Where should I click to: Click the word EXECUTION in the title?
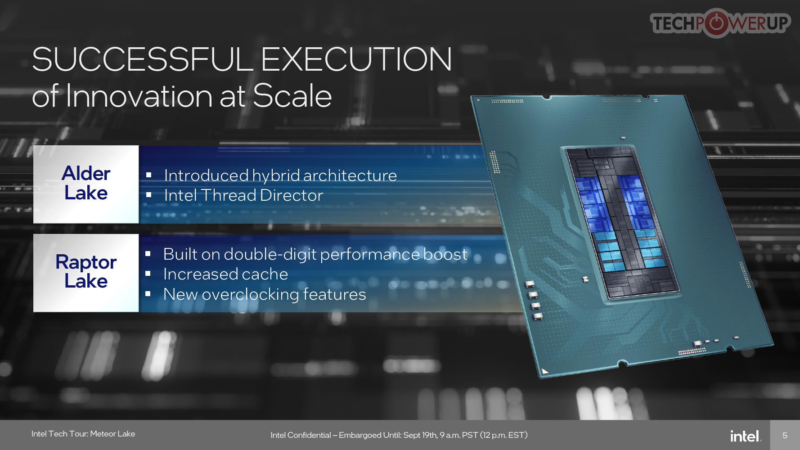coord(356,59)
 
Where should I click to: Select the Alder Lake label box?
coord(86,184)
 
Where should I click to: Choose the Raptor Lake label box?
coord(86,273)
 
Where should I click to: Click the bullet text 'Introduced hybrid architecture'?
coord(280,175)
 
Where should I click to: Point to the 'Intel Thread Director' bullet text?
coord(243,195)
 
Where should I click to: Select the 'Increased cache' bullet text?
coord(225,274)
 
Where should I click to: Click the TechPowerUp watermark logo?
coord(720,23)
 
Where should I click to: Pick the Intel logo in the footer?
coord(745,436)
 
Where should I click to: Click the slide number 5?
coord(785,436)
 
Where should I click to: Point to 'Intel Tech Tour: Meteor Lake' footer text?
coord(83,434)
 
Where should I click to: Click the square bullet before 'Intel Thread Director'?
coord(148,195)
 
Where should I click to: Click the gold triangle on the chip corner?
coord(545,371)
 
